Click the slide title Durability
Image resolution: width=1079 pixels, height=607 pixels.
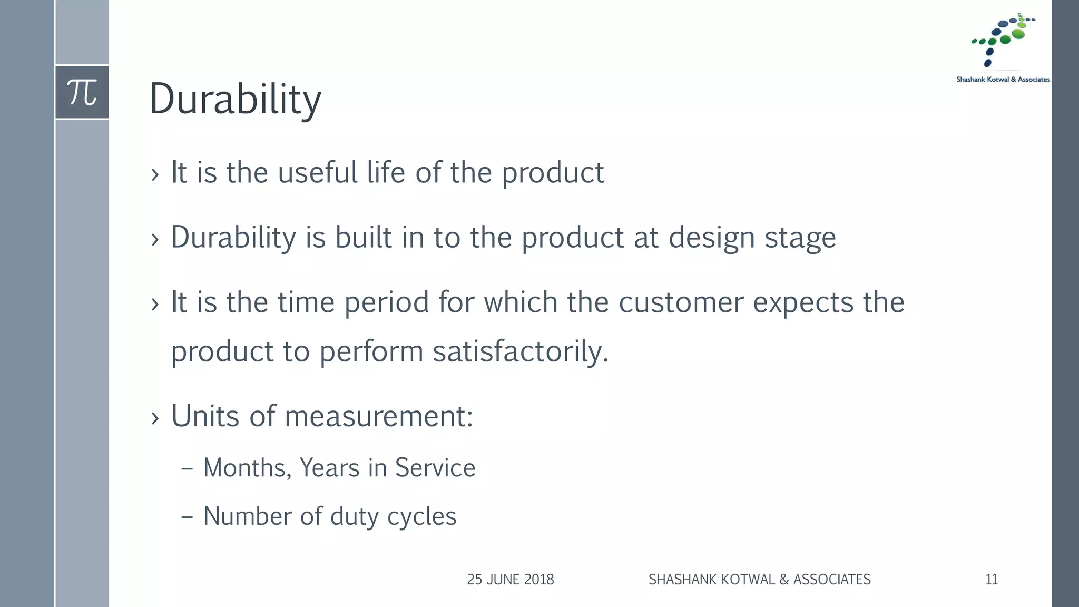click(x=235, y=99)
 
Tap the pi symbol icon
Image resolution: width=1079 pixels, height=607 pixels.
click(x=82, y=92)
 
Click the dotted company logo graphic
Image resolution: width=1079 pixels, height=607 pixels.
click(x=1002, y=40)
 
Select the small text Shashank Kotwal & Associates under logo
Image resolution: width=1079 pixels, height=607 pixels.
click(x=1003, y=80)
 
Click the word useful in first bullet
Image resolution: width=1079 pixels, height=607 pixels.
click(x=317, y=173)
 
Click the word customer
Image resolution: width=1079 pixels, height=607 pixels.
click(x=681, y=302)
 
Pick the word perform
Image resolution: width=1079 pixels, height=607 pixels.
click(x=371, y=352)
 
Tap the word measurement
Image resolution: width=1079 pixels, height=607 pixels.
click(x=378, y=416)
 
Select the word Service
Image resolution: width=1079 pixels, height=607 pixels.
click(x=435, y=468)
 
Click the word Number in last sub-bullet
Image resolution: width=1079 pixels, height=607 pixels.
click(x=247, y=516)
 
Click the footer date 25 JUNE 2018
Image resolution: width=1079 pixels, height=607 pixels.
click(x=510, y=580)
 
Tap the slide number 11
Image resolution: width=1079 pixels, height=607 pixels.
click(x=991, y=580)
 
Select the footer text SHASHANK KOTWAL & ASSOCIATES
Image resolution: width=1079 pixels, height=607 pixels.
click(x=759, y=580)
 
